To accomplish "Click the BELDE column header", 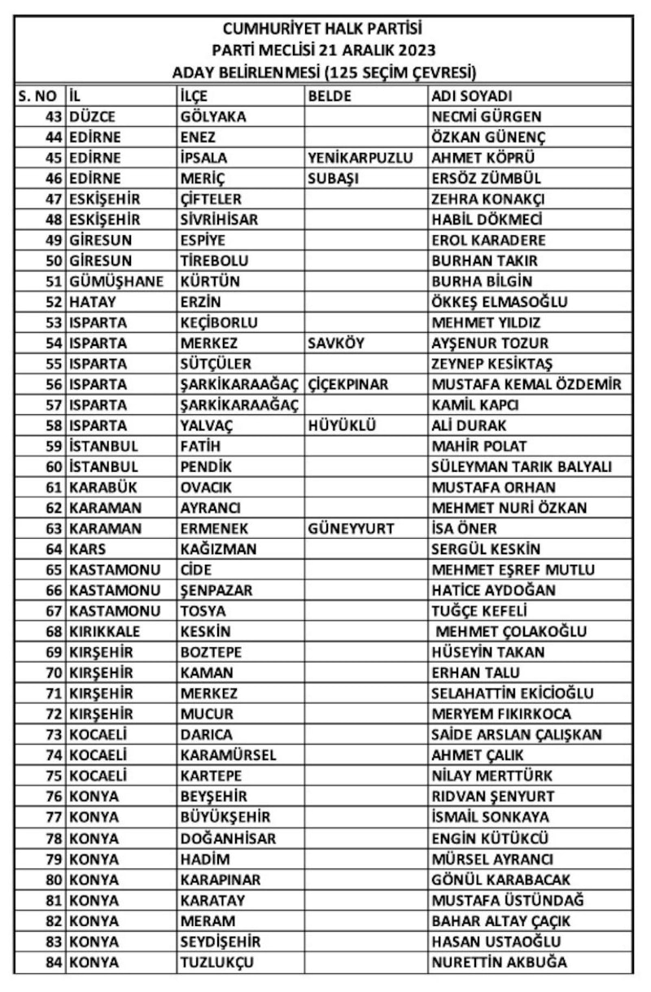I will (x=330, y=96).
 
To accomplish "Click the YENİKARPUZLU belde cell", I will (x=360, y=158).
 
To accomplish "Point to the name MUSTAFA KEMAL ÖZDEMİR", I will (x=526, y=384).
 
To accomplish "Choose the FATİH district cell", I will (x=199, y=446).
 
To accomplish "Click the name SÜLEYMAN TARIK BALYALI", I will (x=521, y=467).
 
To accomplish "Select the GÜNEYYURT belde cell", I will (x=351, y=529).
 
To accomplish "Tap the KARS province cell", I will (x=87, y=549).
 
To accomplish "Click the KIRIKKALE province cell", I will (x=104, y=631).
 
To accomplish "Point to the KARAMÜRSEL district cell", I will (x=227, y=755).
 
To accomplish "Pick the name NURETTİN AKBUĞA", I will (x=500, y=962).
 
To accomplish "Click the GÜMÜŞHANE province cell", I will (x=116, y=282).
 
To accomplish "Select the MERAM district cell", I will (x=207, y=921).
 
